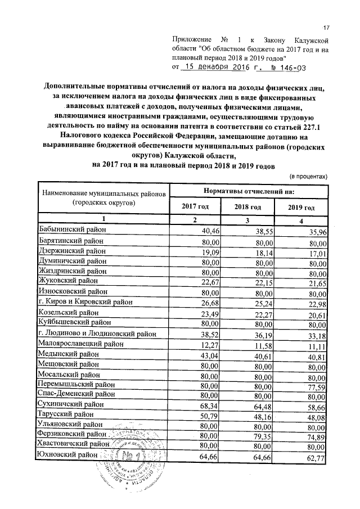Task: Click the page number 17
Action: (x=325, y=28)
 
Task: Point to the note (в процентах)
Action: (x=308, y=176)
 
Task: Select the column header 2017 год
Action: (x=195, y=207)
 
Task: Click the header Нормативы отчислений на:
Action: (x=248, y=191)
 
